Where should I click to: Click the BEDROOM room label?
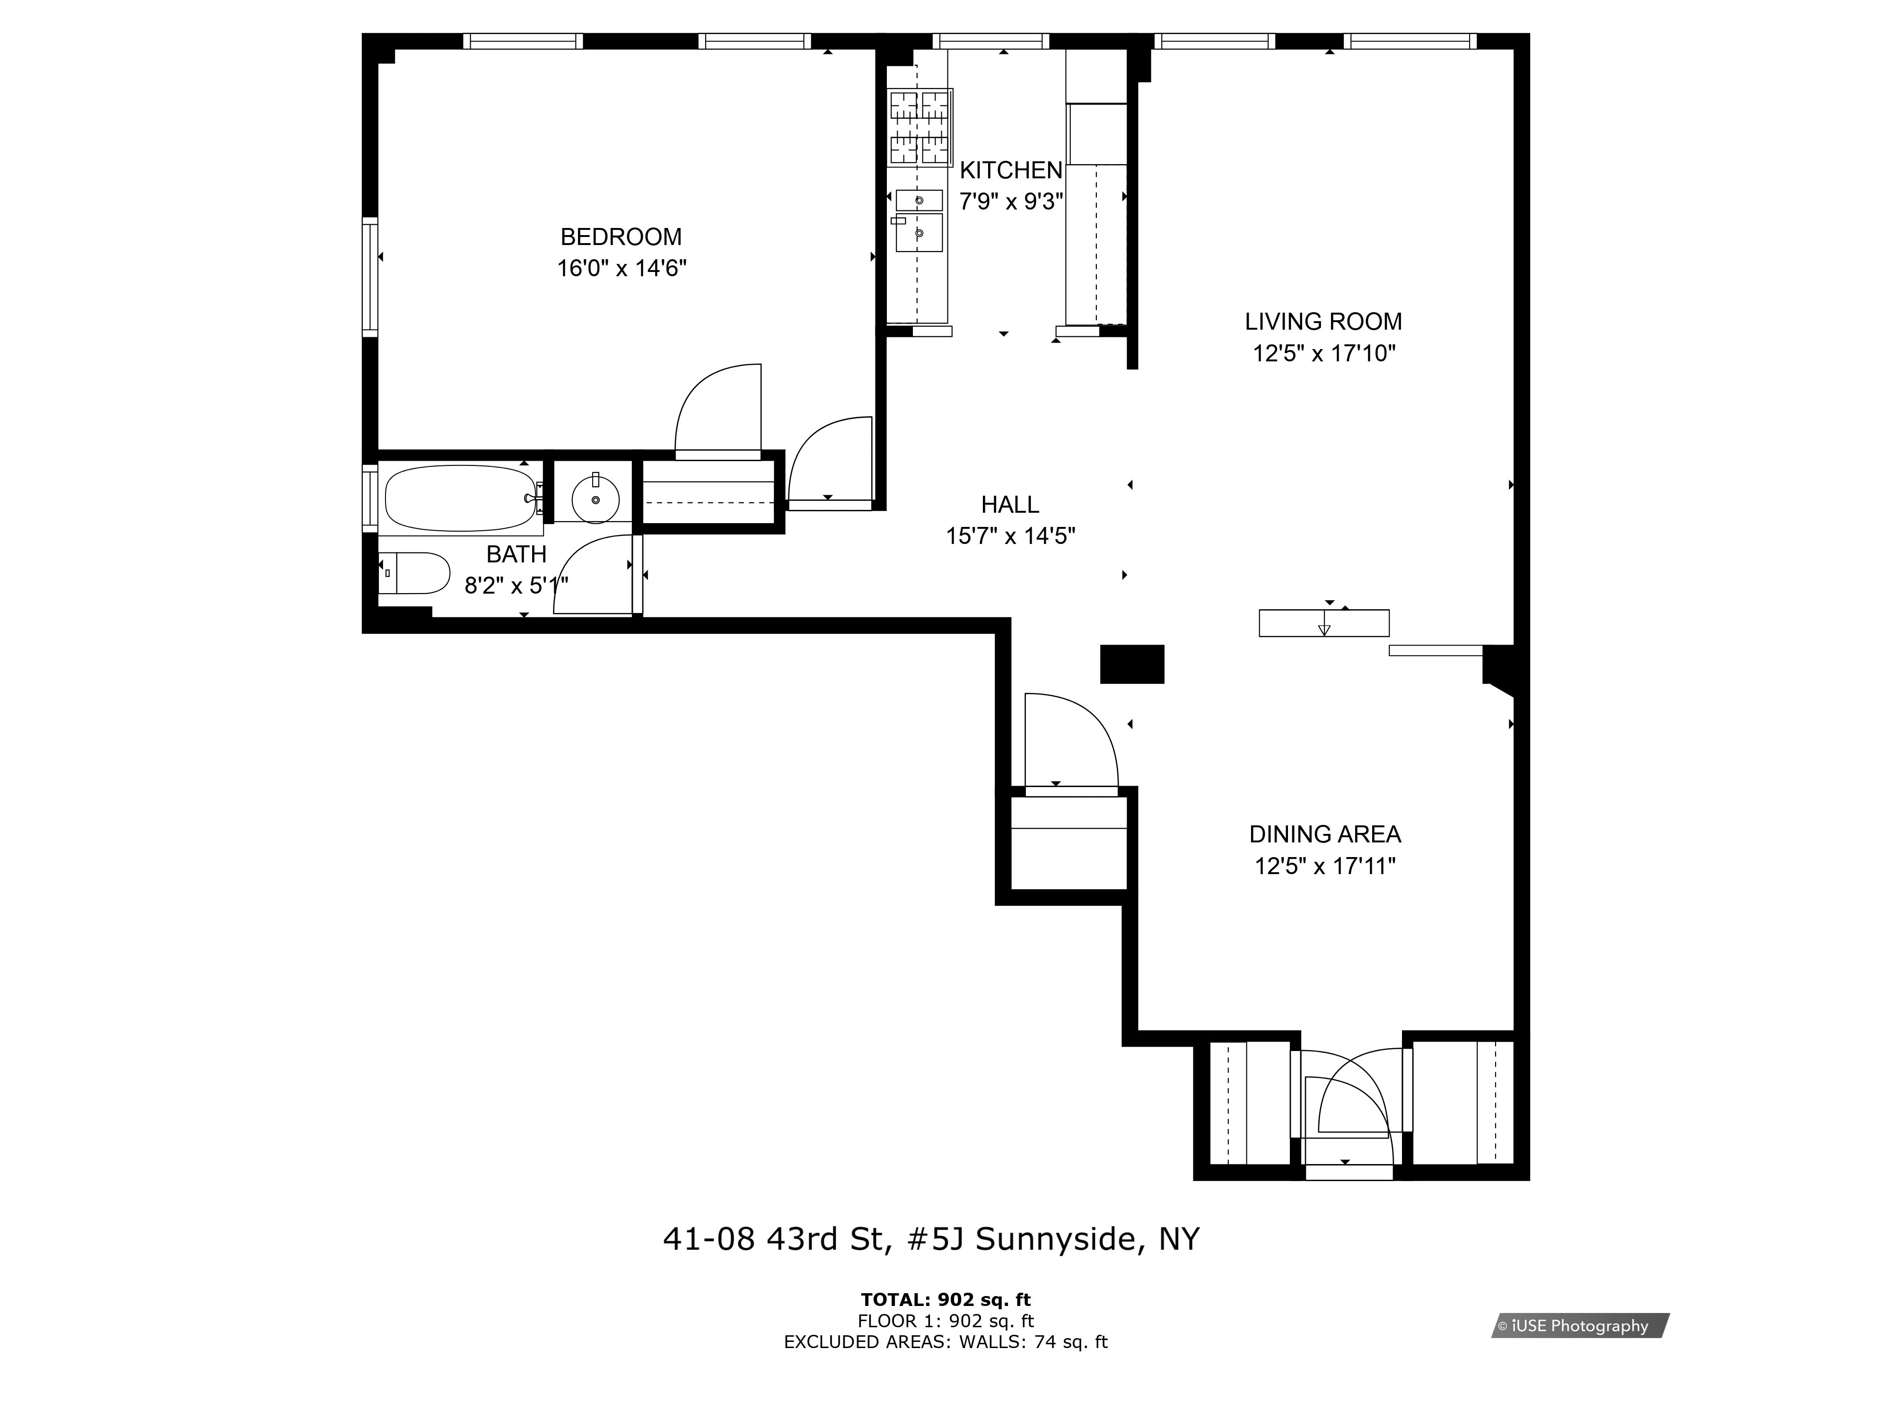[x=621, y=237]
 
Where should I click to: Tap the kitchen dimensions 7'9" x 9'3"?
[x=1011, y=202]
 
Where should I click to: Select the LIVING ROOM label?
[x=1323, y=322]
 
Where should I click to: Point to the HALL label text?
[x=1010, y=505]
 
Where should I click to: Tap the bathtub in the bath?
[x=459, y=499]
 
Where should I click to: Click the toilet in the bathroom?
[x=417, y=573]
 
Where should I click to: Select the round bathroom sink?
[x=596, y=499]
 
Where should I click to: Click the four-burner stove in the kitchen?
[x=920, y=128]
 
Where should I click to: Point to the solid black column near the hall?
[x=1131, y=664]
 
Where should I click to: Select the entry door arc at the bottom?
[x=1351, y=1104]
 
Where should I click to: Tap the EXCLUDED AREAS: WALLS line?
[x=945, y=1342]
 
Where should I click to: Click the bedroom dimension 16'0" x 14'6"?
[x=621, y=269]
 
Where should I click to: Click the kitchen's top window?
[x=990, y=41]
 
